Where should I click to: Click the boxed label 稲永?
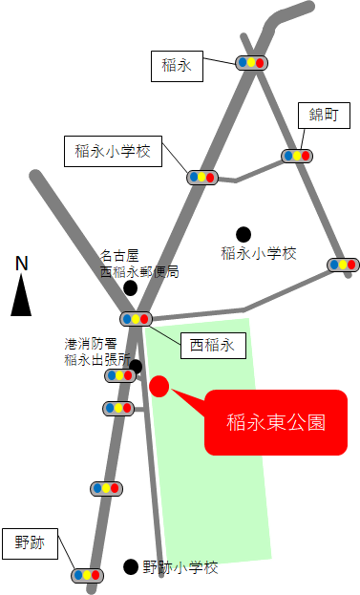click(x=178, y=66)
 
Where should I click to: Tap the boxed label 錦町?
click(x=318, y=116)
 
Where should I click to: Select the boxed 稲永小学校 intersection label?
click(x=113, y=151)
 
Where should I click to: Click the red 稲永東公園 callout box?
click(x=276, y=421)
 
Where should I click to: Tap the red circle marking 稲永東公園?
click(x=159, y=386)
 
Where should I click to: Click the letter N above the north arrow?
click(x=22, y=264)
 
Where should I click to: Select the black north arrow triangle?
click(x=21, y=295)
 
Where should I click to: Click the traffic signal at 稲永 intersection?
click(x=252, y=63)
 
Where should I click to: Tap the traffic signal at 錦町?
click(x=296, y=156)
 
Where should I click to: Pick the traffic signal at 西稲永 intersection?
click(x=135, y=319)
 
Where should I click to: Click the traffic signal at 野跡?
click(x=87, y=575)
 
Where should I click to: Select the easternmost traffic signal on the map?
click(x=343, y=265)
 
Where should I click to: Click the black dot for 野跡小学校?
click(x=130, y=566)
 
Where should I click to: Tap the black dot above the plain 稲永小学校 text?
click(x=244, y=233)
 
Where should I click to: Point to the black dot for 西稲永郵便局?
click(x=130, y=287)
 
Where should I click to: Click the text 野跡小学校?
click(x=180, y=567)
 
